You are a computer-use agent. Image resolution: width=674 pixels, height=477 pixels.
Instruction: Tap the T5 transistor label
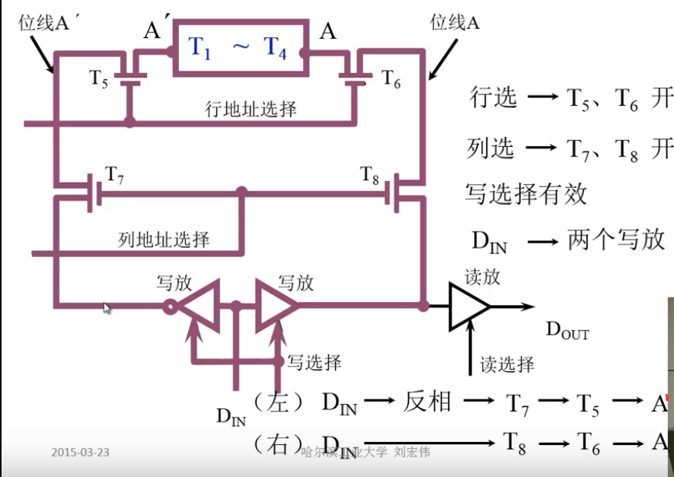pos(99,78)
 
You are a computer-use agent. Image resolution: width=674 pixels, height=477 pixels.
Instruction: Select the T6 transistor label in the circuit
pos(391,78)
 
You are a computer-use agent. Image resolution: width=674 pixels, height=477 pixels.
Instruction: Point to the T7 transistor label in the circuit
pos(115,175)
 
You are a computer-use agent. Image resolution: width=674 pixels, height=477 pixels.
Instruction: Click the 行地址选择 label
pos(251,109)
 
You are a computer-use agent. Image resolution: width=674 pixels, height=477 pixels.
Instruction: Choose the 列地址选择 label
pos(164,240)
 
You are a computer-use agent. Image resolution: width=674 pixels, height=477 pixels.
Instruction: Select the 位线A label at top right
pos(455,23)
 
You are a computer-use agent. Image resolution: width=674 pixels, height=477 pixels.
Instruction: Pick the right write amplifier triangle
pos(274,306)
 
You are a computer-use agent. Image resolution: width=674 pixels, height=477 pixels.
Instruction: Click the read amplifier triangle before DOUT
pos(469,306)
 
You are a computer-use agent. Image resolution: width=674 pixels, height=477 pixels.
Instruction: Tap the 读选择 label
pos(507,364)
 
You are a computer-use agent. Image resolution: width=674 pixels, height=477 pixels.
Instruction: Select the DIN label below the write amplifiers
pos(233,415)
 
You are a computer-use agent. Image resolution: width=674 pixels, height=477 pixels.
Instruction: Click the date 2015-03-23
pos(80,452)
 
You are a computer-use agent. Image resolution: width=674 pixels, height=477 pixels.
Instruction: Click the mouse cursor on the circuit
pos(107,308)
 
